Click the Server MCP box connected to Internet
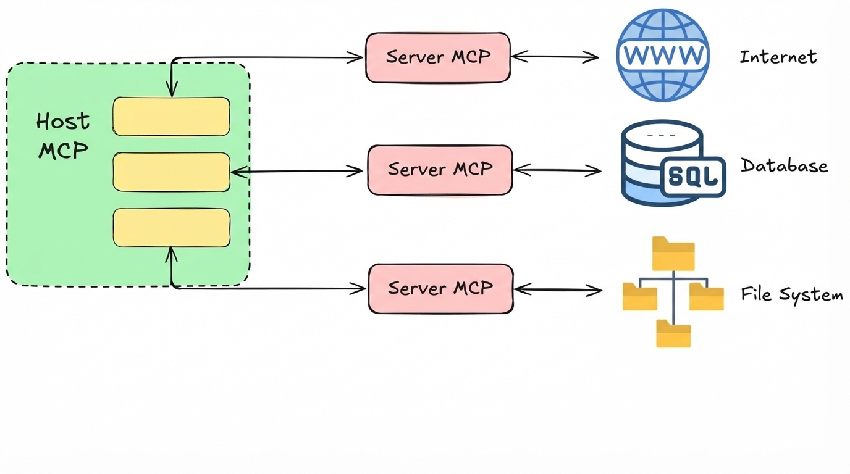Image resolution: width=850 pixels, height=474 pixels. pyautogui.click(x=438, y=57)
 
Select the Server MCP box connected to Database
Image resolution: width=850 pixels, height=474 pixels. pyautogui.click(x=440, y=170)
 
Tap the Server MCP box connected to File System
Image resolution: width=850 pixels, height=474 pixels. pyautogui.click(x=440, y=288)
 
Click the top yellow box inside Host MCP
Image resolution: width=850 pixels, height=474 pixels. pyautogui.click(x=171, y=116)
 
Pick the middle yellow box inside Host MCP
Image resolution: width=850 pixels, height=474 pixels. pyautogui.click(x=171, y=172)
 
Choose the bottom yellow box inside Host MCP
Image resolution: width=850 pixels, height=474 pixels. pyautogui.click(x=171, y=228)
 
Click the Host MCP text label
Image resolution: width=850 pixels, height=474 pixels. pyautogui.click(x=63, y=136)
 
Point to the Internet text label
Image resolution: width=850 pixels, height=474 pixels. pyautogui.click(x=778, y=57)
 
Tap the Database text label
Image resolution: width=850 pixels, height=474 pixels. pyautogui.click(x=784, y=166)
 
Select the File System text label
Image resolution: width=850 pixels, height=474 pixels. pyautogui.click(x=792, y=295)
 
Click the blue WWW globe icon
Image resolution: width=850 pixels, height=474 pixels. pyautogui.click(x=663, y=55)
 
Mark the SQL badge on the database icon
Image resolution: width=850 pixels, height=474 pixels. pyautogui.click(x=693, y=176)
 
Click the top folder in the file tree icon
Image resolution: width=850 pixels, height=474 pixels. pyautogui.click(x=673, y=254)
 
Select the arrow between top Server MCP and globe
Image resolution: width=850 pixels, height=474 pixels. pyautogui.click(x=555, y=57)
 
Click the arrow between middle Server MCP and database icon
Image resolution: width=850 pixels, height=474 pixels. pyautogui.click(x=557, y=170)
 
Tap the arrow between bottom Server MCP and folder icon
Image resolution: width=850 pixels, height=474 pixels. pyautogui.click(x=558, y=289)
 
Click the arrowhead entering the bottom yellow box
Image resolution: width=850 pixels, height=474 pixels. pyautogui.click(x=171, y=253)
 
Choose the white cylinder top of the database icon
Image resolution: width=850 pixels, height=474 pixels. pyautogui.click(x=662, y=135)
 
